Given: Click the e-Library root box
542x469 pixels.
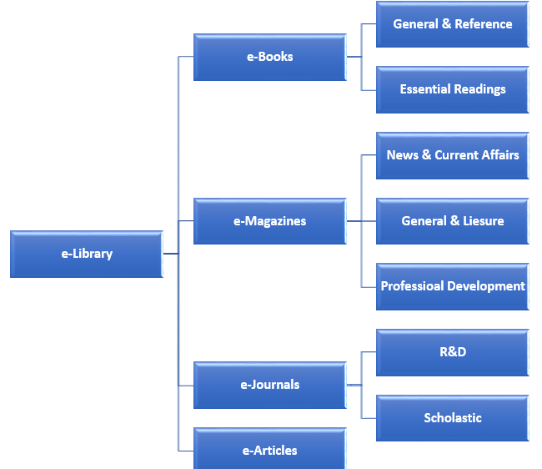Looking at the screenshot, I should tap(86, 254).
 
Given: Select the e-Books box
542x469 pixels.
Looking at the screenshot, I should tap(269, 57).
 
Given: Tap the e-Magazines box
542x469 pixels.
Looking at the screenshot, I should tap(269, 221).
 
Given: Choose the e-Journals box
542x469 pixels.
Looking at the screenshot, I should tap(269, 385).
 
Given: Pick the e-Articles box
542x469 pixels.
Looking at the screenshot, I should tap(269, 450).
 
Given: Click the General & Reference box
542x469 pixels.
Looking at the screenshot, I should tap(452, 24).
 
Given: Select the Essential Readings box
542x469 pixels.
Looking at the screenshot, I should tap(452, 89).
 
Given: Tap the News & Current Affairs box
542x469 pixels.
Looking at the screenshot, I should tap(452, 155).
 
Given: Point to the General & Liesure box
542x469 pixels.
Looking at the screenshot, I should tap(452, 221).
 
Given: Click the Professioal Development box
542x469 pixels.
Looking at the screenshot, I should tap(452, 286).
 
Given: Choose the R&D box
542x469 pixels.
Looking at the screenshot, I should tap(452, 352).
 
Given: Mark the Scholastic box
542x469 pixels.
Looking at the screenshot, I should tap(452, 417).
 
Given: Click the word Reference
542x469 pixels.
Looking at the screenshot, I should tap(483, 24).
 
